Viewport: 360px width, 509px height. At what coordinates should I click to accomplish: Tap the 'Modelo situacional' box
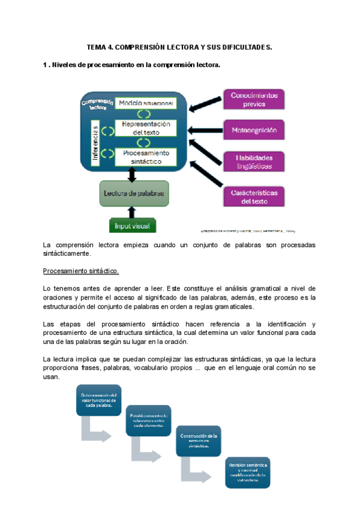point(146,103)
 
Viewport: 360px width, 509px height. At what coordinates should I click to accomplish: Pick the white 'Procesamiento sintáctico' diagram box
point(146,157)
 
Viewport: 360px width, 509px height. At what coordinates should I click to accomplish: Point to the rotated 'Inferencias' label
point(95,143)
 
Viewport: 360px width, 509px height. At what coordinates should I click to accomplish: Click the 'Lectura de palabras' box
point(133,193)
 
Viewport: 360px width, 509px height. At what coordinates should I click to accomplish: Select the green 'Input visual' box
point(133,225)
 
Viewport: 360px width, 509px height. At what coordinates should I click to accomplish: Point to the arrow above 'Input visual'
point(133,211)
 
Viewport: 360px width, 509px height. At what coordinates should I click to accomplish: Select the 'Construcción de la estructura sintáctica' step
point(198,441)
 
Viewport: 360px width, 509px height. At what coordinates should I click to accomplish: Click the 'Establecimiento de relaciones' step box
point(149,420)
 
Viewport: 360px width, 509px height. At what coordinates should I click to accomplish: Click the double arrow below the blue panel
point(133,175)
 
